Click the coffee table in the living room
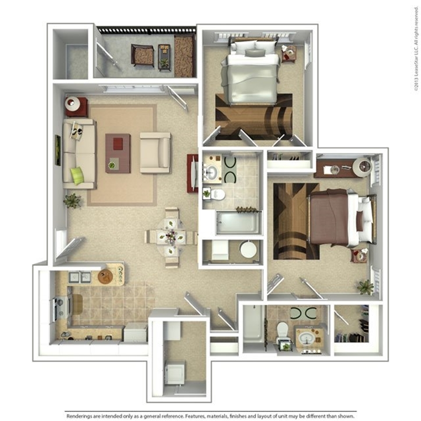[x=118, y=153]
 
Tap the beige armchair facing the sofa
[x=155, y=153]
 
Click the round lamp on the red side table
[x=72, y=103]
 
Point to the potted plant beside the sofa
[x=72, y=201]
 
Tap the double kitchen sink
[x=80, y=277]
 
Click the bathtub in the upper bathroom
[x=237, y=223]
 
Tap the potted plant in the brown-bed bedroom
[x=365, y=287]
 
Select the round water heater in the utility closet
[x=248, y=249]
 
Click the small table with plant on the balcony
[x=164, y=57]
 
